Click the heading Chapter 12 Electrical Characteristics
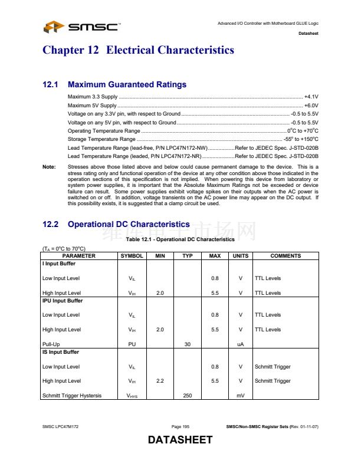point(138,50)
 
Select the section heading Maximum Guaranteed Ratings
point(127,85)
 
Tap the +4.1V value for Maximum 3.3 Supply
point(311,96)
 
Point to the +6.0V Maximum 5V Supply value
point(311,105)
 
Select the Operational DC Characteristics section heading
point(129,225)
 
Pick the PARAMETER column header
point(79,256)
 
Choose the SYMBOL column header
point(132,256)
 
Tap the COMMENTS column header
point(285,256)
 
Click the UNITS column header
point(241,256)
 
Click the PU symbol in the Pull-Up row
point(132,344)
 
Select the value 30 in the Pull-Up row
point(188,344)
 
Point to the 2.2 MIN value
point(160,381)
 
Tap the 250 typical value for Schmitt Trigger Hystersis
point(188,396)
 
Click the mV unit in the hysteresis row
point(241,396)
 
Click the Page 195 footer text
point(180,426)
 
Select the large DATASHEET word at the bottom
point(180,440)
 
